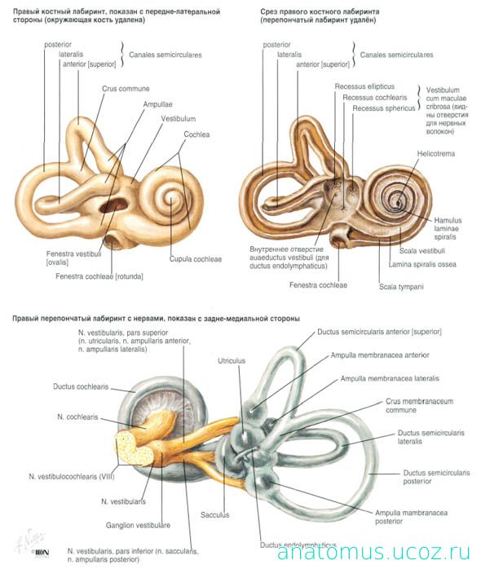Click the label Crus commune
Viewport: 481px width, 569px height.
(x=126, y=89)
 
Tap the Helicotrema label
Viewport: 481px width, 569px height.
(x=435, y=153)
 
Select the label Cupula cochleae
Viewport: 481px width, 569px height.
(x=196, y=259)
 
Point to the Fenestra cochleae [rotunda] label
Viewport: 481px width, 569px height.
(x=99, y=276)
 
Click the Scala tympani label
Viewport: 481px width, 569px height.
(x=401, y=287)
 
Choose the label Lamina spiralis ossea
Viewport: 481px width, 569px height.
(x=422, y=265)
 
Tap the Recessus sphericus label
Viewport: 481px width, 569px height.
(x=384, y=108)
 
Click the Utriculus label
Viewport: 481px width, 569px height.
(x=232, y=361)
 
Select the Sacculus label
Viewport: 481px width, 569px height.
(x=215, y=515)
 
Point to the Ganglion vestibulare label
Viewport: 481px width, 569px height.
(x=138, y=525)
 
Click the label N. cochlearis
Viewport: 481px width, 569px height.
(x=77, y=417)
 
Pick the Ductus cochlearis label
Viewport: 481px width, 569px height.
(x=81, y=387)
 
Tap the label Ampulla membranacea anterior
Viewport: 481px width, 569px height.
(x=380, y=355)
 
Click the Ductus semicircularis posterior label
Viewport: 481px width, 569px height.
(x=436, y=477)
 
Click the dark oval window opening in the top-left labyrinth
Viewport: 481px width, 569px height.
(x=112, y=206)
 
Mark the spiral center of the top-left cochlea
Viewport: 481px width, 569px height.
(x=170, y=199)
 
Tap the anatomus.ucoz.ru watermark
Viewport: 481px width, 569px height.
(x=374, y=552)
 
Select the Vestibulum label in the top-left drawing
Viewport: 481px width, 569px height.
(x=179, y=119)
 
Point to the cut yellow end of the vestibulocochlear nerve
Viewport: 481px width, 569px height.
(x=133, y=448)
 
